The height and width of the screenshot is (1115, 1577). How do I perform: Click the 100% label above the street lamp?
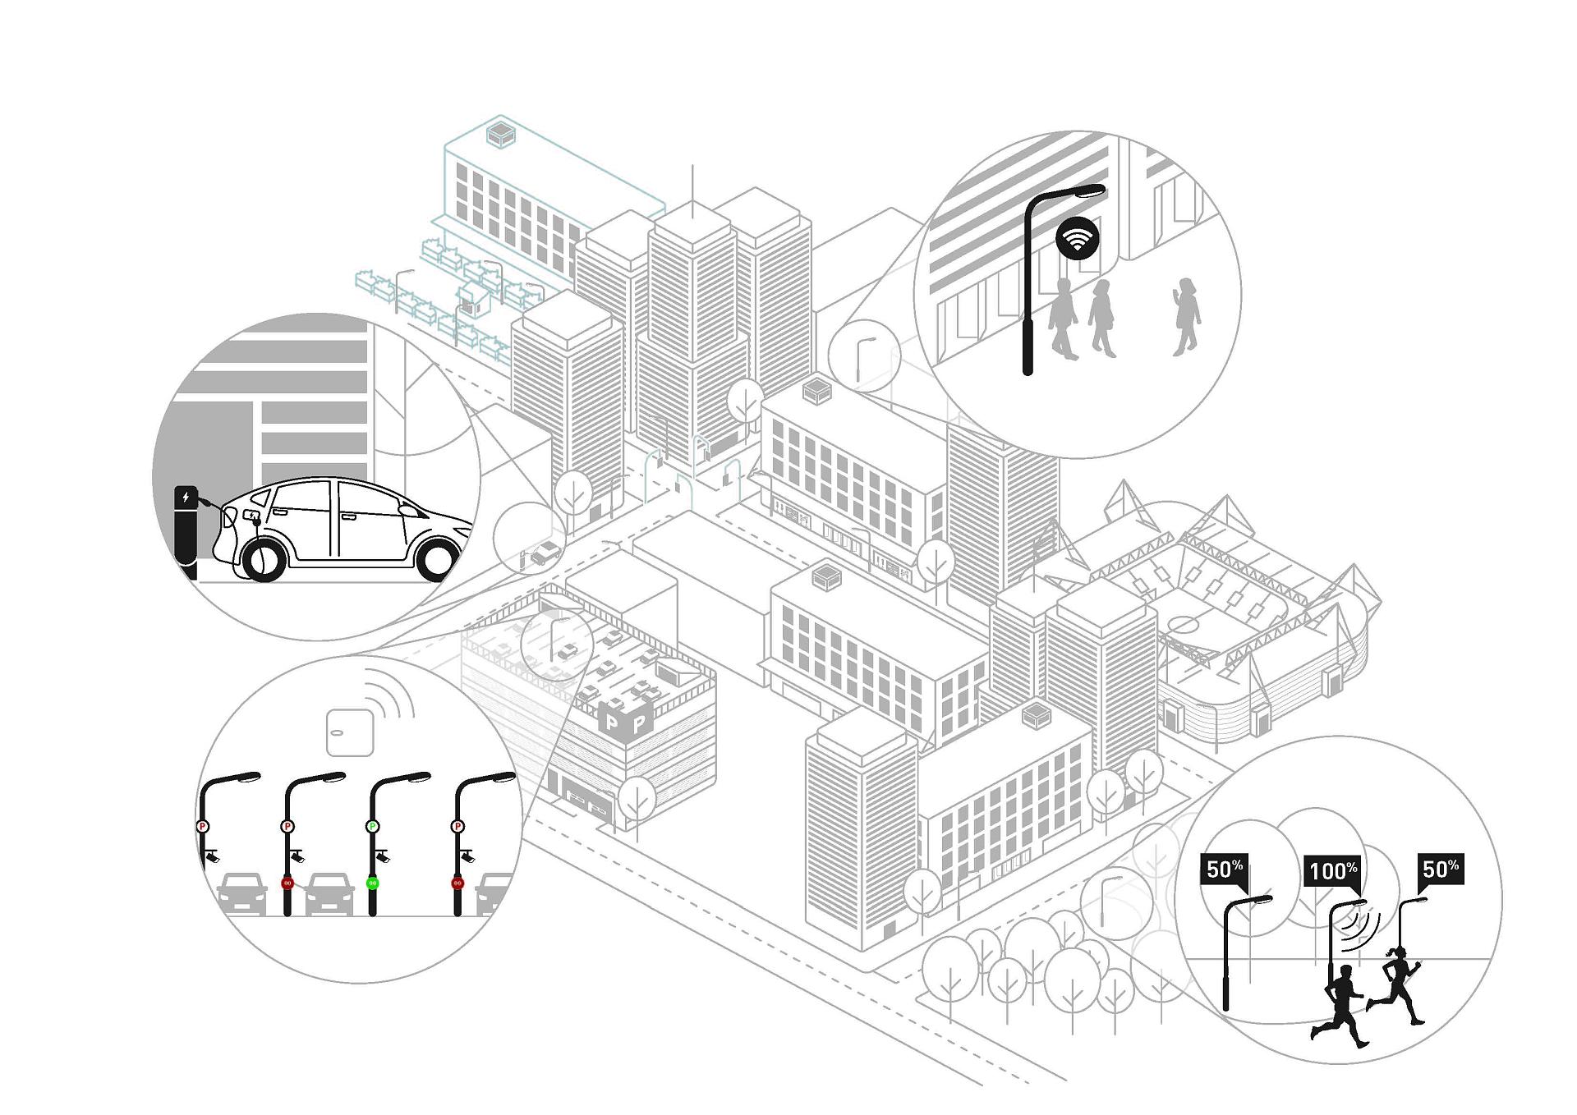click(x=1332, y=870)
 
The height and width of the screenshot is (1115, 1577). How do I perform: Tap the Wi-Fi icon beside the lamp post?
click(x=1077, y=238)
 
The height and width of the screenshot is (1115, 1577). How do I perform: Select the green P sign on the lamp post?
click(x=372, y=826)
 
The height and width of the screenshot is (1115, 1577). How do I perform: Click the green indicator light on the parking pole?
click(x=372, y=883)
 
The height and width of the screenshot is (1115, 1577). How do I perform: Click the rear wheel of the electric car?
click(x=263, y=558)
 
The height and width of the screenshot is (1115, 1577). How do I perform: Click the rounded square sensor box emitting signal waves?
click(x=351, y=732)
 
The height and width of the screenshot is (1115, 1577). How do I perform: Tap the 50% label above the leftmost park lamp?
click(x=1224, y=869)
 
